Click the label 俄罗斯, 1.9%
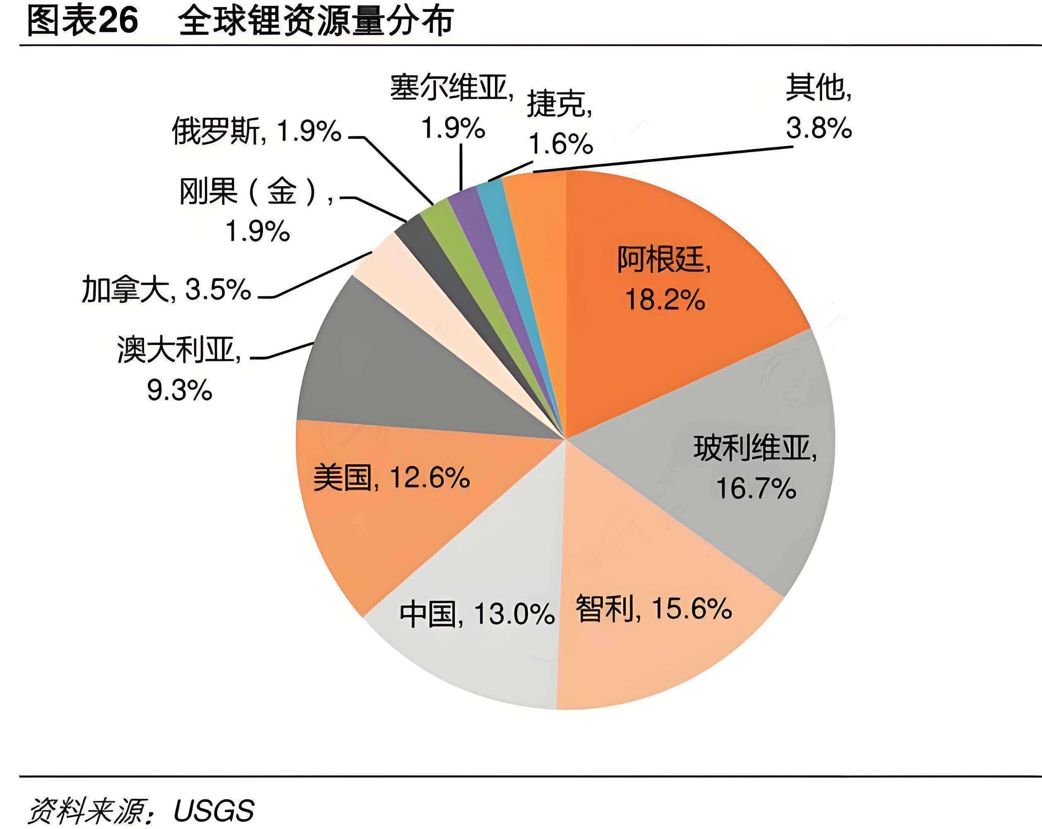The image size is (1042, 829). coord(256,131)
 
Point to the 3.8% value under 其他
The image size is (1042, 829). coord(819,128)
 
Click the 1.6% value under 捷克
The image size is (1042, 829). coord(561,144)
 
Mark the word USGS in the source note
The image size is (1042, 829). coord(214,811)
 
